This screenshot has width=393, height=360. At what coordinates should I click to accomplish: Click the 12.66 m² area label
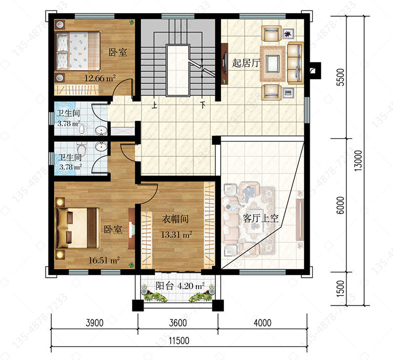click(100, 79)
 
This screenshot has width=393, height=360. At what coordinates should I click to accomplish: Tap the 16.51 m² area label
click(104, 260)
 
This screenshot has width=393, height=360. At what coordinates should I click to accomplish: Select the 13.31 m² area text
click(177, 235)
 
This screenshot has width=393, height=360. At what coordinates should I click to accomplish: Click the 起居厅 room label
click(246, 63)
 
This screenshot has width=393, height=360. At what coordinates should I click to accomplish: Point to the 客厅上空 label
click(260, 218)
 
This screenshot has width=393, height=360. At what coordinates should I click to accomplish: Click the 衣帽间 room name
click(175, 219)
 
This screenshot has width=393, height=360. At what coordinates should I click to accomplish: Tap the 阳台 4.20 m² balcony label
click(180, 286)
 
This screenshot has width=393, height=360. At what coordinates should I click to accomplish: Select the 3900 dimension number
click(94, 323)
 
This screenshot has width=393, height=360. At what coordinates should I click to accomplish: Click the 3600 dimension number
click(178, 323)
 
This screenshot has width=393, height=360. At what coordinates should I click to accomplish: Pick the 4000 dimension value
click(263, 323)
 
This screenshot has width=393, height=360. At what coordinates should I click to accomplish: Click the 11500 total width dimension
click(179, 341)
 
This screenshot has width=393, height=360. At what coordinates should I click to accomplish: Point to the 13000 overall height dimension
click(358, 160)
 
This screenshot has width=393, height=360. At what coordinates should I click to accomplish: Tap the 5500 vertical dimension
click(341, 77)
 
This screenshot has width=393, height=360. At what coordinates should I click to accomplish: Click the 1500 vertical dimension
click(341, 289)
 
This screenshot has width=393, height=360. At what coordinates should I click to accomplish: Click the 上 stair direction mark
click(154, 104)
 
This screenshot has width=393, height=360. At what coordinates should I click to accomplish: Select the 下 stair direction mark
click(202, 104)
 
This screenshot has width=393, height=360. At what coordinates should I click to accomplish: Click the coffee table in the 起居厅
click(272, 64)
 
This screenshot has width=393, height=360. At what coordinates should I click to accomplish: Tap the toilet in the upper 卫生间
click(82, 128)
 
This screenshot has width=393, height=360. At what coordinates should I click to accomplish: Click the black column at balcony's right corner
click(218, 305)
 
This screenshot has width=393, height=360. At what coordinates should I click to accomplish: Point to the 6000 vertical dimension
click(341, 205)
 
